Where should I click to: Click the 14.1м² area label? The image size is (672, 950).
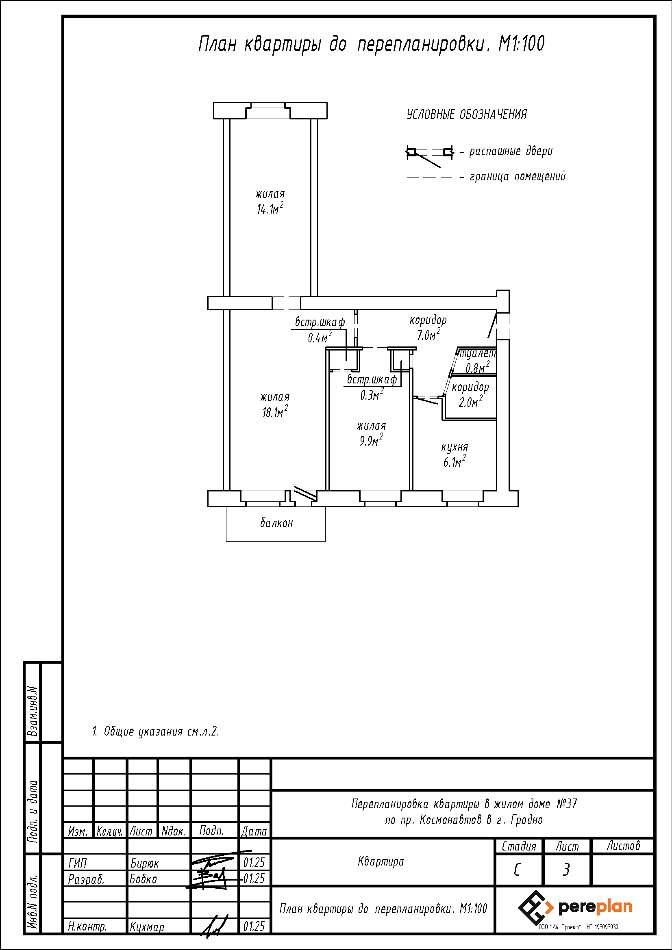270,208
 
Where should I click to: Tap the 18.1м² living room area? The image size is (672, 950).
275,412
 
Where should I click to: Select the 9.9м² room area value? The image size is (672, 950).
371,440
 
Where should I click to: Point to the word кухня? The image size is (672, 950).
454,447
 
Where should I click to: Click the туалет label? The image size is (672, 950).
478,354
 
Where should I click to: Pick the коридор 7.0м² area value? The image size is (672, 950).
428,334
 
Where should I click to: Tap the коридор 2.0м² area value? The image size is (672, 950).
470,401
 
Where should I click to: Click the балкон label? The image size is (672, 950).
276,523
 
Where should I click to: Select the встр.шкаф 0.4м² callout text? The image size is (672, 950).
320,329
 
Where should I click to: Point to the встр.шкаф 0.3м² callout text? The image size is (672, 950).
372,387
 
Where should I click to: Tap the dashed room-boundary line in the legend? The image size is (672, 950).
429,177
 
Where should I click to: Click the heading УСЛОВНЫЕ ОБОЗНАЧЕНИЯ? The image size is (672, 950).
467,115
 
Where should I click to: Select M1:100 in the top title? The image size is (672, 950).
521,43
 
